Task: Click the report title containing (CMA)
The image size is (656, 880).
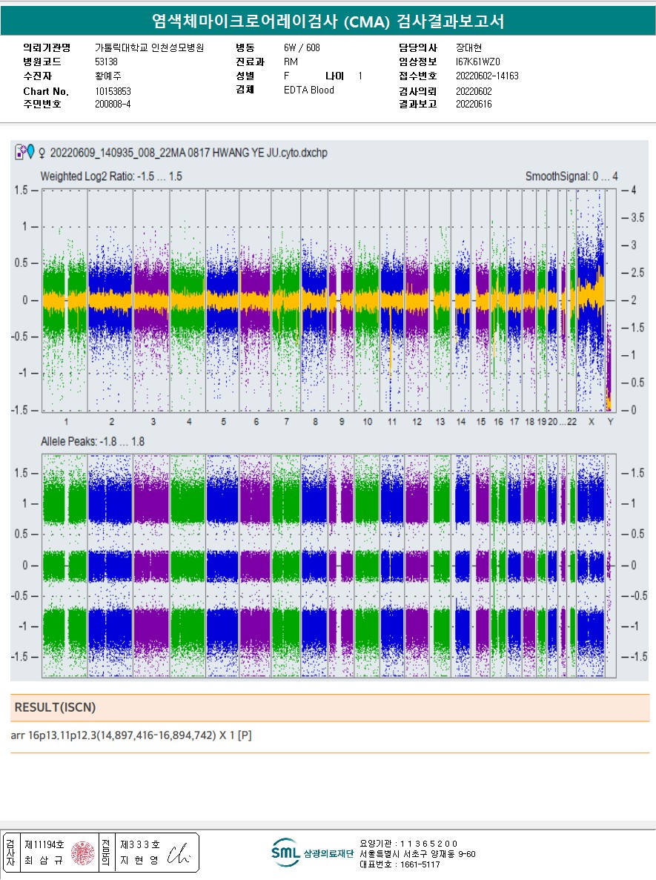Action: click(328, 21)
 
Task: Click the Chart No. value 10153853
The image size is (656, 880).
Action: click(113, 91)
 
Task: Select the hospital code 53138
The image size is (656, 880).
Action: click(107, 62)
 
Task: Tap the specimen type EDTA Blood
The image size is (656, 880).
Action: click(309, 90)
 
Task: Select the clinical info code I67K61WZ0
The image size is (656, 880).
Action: click(479, 62)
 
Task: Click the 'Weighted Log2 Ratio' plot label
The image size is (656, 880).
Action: click(111, 176)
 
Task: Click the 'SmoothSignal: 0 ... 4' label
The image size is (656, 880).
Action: click(571, 176)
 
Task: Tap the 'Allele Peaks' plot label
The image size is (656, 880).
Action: click(92, 442)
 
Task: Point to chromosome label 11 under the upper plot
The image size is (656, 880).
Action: click(391, 422)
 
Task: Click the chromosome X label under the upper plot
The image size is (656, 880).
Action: click(592, 422)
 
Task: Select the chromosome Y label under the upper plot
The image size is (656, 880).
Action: click(611, 422)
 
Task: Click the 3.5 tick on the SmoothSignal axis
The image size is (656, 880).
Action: click(635, 218)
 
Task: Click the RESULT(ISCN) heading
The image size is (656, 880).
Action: click(55, 708)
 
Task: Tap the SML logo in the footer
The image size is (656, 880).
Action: click(285, 853)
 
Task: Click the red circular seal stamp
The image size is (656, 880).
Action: click(82, 853)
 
